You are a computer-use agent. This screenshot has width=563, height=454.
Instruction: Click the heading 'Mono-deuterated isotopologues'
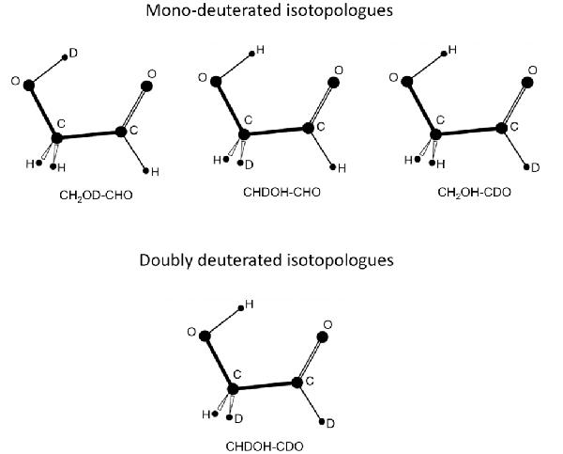[269, 10]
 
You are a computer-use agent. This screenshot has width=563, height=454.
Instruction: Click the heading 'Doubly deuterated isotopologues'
[266, 260]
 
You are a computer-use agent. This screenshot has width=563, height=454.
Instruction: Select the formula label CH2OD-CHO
[96, 196]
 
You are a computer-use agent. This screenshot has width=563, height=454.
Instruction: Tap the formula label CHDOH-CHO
[281, 192]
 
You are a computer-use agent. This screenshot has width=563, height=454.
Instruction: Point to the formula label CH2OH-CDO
[474, 193]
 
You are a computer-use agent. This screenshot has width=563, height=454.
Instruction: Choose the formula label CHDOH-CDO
[265, 446]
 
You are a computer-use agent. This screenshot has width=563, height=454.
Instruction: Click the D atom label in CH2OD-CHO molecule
[73, 54]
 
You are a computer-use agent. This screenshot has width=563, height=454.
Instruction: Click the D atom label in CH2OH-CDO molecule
[536, 167]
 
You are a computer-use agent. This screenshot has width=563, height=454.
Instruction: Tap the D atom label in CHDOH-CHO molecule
[250, 164]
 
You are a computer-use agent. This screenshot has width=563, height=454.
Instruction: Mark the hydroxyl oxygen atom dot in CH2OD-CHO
[29, 86]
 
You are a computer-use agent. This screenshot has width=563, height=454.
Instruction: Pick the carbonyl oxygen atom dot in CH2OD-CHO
[146, 86]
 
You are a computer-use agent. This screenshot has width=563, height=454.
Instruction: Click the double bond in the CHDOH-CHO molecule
[320, 106]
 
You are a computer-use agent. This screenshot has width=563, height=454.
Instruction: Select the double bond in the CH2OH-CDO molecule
[514, 106]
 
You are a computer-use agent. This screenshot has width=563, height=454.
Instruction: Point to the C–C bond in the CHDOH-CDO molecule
[265, 386]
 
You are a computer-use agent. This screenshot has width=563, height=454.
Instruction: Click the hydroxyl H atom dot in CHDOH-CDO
[241, 308]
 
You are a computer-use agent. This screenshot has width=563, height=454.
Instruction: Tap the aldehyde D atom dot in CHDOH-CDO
[322, 421]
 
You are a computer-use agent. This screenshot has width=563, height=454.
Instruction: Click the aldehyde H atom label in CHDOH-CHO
[342, 168]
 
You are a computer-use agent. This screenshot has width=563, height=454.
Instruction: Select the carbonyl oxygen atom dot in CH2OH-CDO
[527, 83]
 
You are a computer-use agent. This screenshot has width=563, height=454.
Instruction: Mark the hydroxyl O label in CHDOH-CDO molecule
[191, 332]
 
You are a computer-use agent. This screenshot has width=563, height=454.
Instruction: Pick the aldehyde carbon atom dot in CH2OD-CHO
[121, 132]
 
